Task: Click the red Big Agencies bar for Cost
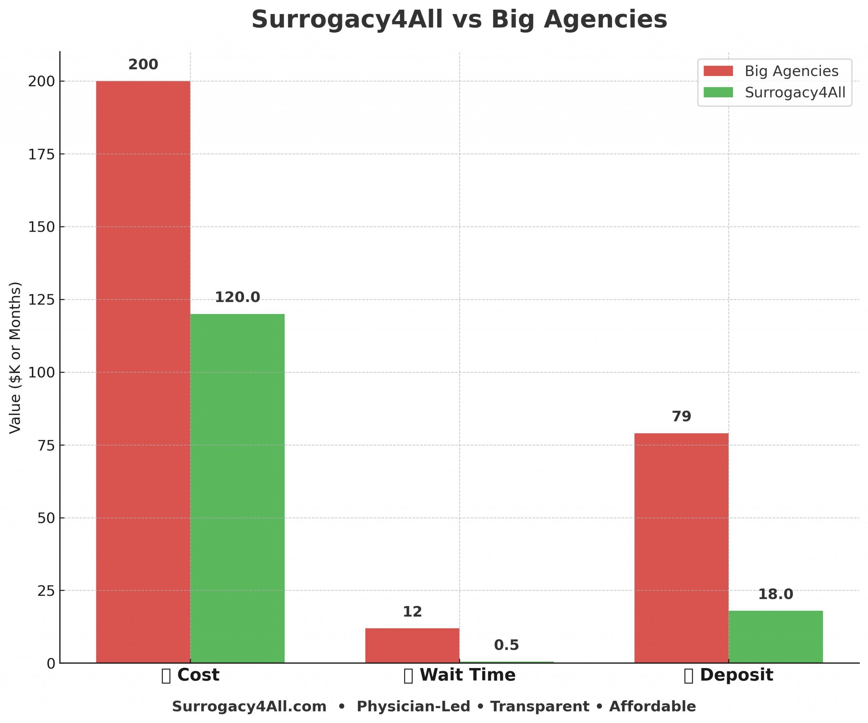[x=143, y=372]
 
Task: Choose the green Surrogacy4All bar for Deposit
[x=775, y=637]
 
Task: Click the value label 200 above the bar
[x=143, y=65]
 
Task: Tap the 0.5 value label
[x=506, y=645]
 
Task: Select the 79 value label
[x=681, y=417]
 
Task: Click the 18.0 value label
[x=775, y=594]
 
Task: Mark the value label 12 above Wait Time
[x=412, y=612]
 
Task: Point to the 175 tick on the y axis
[x=41, y=155]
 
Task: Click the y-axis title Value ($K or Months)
[x=15, y=357]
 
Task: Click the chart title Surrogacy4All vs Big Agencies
[x=459, y=19]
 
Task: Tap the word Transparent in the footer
[x=539, y=706]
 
